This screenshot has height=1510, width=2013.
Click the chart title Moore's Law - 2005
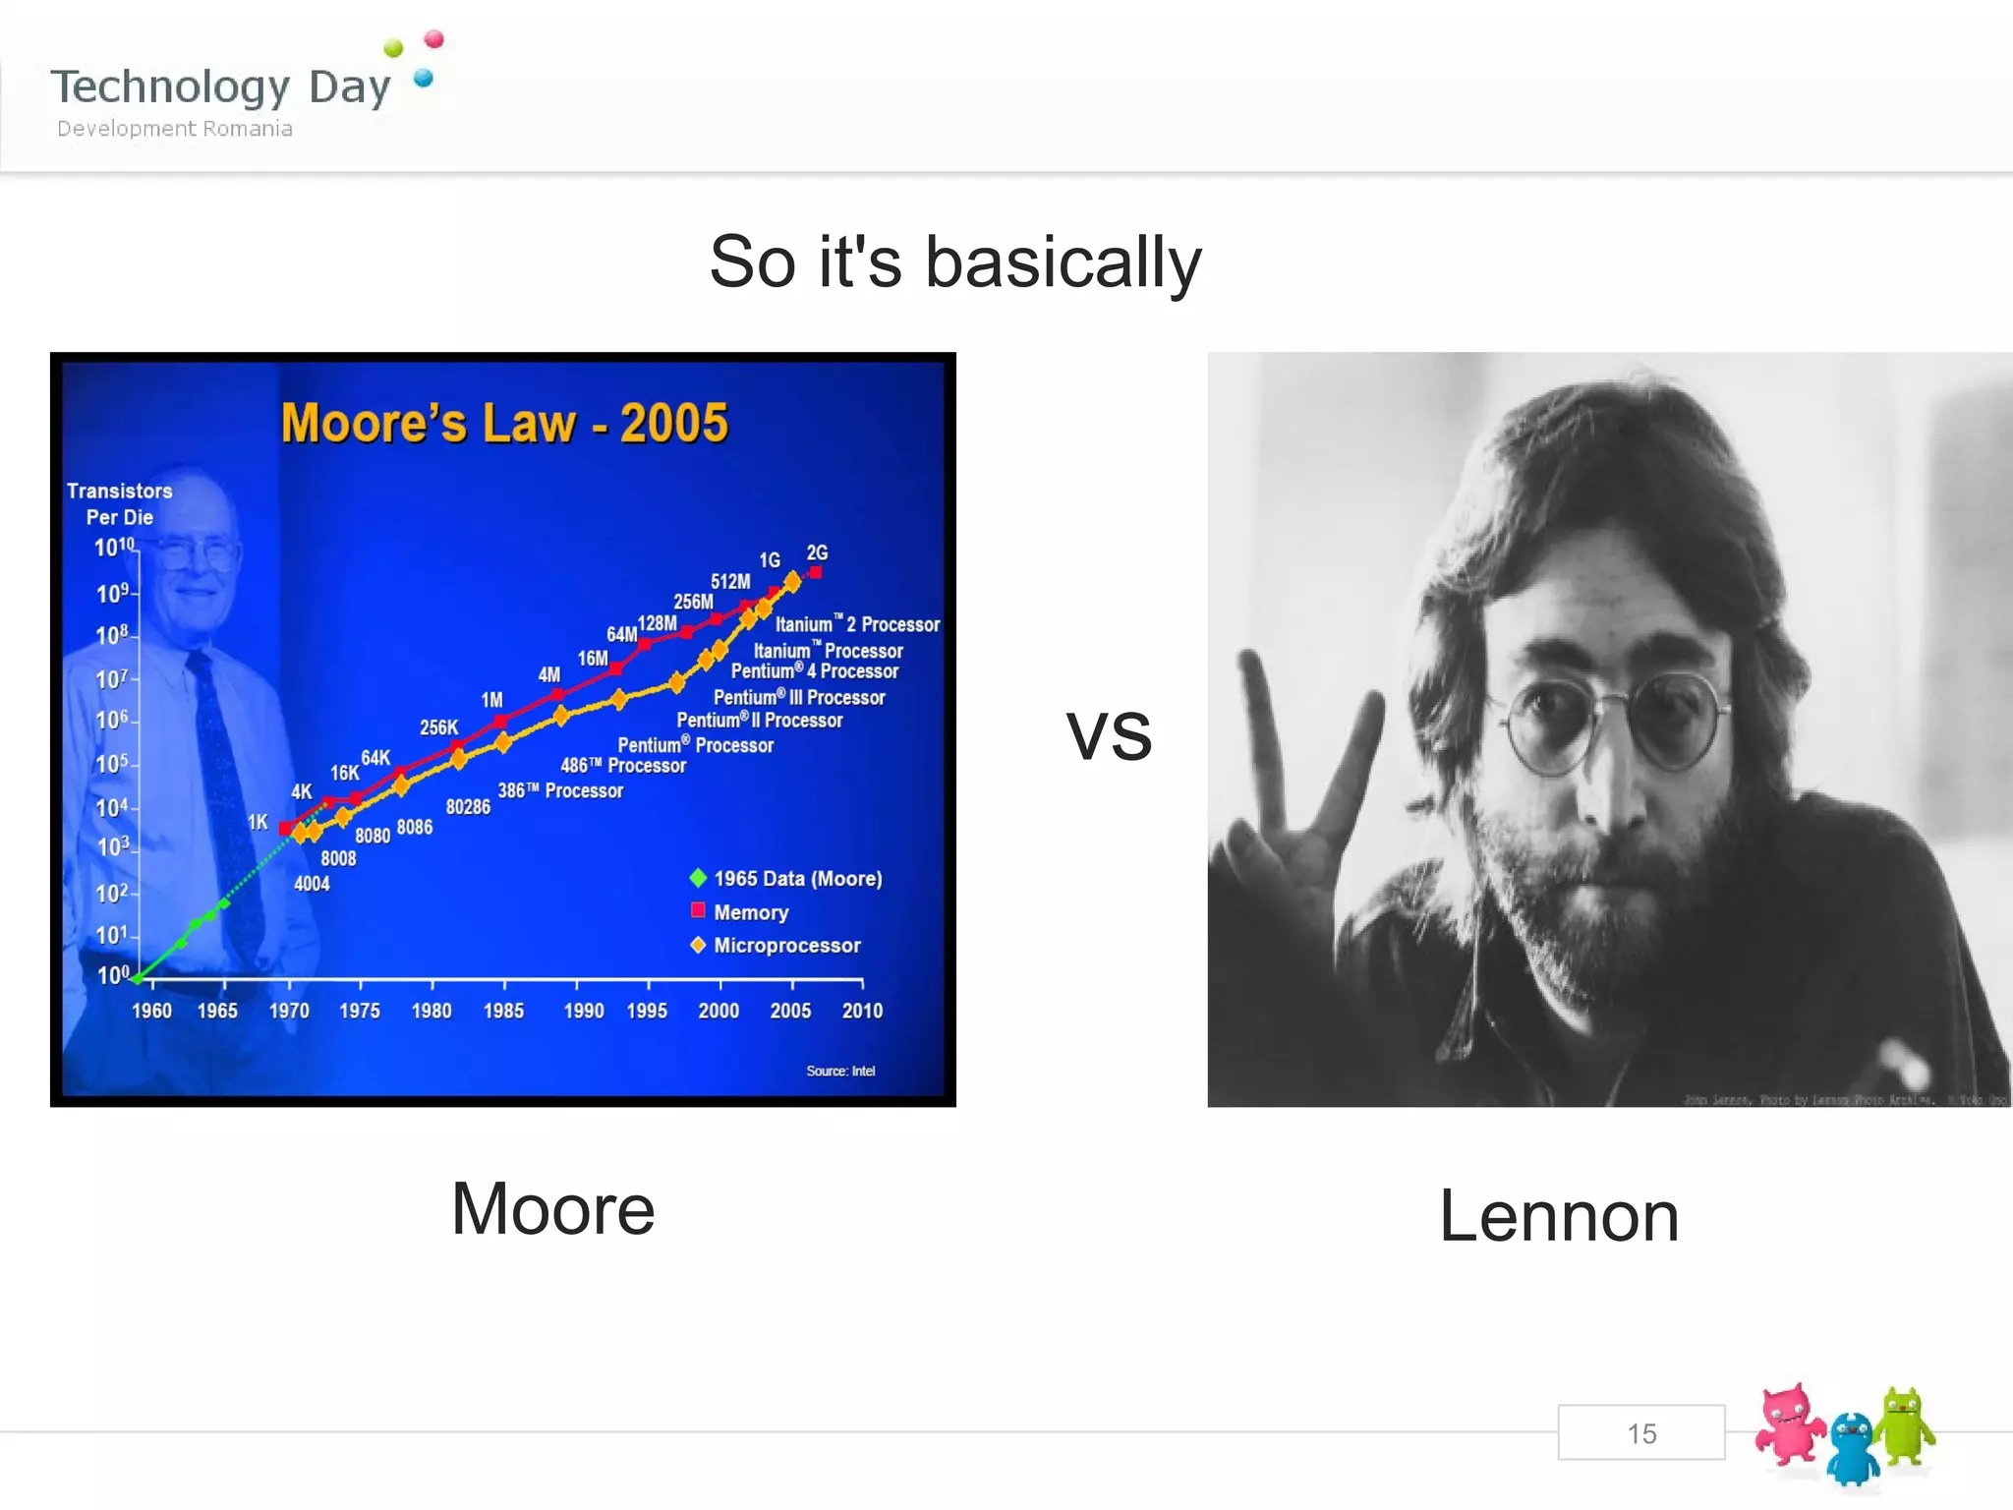coord(504,423)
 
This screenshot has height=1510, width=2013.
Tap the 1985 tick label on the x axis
coord(503,1011)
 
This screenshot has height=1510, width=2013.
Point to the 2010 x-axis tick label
coord(862,1011)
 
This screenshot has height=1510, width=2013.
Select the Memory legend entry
coord(750,912)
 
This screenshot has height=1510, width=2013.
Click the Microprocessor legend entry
coord(786,946)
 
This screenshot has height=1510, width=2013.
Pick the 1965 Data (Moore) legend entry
coord(797,879)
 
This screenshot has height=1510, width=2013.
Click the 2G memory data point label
coord(817,553)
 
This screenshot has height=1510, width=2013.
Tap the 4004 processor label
coord(312,884)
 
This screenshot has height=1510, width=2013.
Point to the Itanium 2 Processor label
coord(857,624)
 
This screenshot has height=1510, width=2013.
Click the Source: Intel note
coord(840,1071)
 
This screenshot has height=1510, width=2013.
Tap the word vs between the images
coord(1109,735)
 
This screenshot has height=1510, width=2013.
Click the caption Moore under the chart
coord(552,1209)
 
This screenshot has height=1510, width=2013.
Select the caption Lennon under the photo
coord(1559,1217)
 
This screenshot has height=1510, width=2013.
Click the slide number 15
coord(1640,1433)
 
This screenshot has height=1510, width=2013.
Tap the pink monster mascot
coord(1789,1433)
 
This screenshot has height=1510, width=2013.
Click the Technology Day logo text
coord(221,87)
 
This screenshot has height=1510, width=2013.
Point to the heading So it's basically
coord(955,262)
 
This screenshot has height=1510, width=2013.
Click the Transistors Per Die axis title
coord(120,503)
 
